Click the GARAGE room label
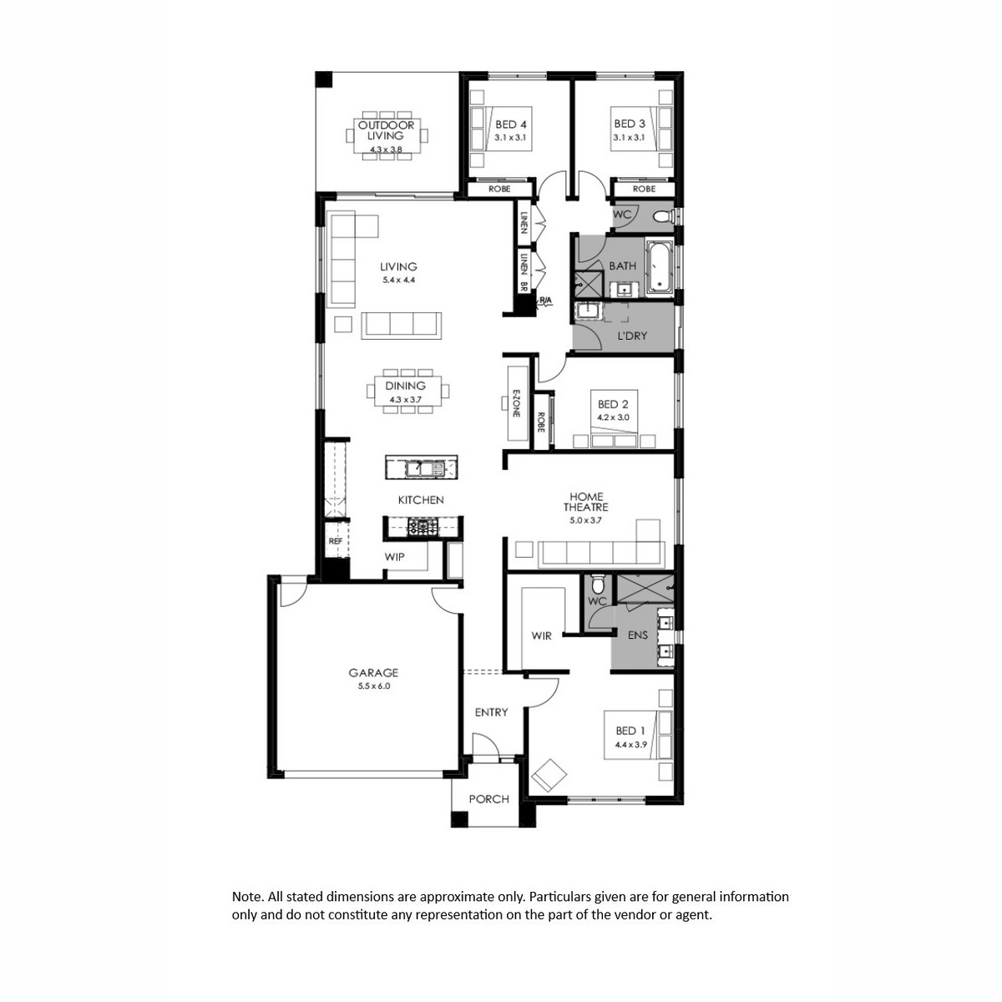pyautogui.click(x=372, y=672)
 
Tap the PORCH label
pyautogui.click(x=488, y=799)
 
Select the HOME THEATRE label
pyautogui.click(x=585, y=502)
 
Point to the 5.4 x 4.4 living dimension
pyautogui.click(x=398, y=280)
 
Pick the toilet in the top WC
pyautogui.click(x=663, y=215)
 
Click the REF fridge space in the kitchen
pyautogui.click(x=336, y=541)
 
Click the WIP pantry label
pyautogui.click(x=394, y=557)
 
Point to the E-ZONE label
pyautogui.click(x=516, y=403)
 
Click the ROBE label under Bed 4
pyautogui.click(x=499, y=189)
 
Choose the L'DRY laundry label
pyautogui.click(x=632, y=336)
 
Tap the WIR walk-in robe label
pyautogui.click(x=541, y=635)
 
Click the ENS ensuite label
pyautogui.click(x=637, y=635)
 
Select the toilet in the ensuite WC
pyautogui.click(x=598, y=584)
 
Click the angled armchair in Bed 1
pyautogui.click(x=549, y=776)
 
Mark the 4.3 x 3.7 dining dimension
pyautogui.click(x=405, y=400)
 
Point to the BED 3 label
pyautogui.click(x=630, y=124)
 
